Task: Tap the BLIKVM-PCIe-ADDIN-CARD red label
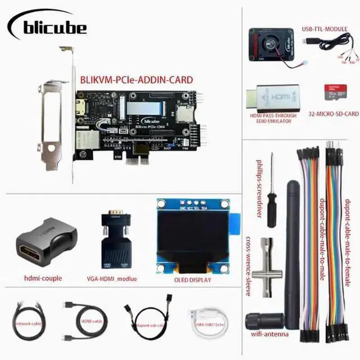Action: point(136,80)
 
